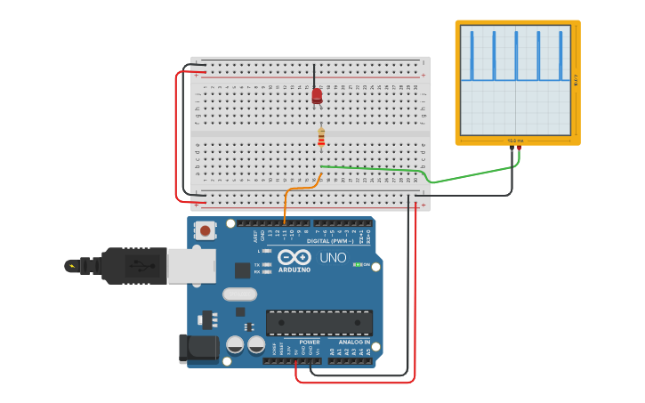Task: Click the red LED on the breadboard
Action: pos(317,96)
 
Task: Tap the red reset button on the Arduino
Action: pos(206,230)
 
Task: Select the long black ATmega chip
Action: pos(319,322)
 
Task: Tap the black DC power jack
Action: pos(197,348)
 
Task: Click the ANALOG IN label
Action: pos(353,342)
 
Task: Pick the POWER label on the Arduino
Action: pos(310,342)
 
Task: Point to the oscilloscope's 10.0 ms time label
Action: pos(516,141)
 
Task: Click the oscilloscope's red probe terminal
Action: pos(519,149)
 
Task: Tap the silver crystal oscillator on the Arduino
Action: pos(239,294)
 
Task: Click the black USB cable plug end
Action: pos(85,265)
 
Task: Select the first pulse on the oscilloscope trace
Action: pos(472,55)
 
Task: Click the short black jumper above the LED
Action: pos(313,73)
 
